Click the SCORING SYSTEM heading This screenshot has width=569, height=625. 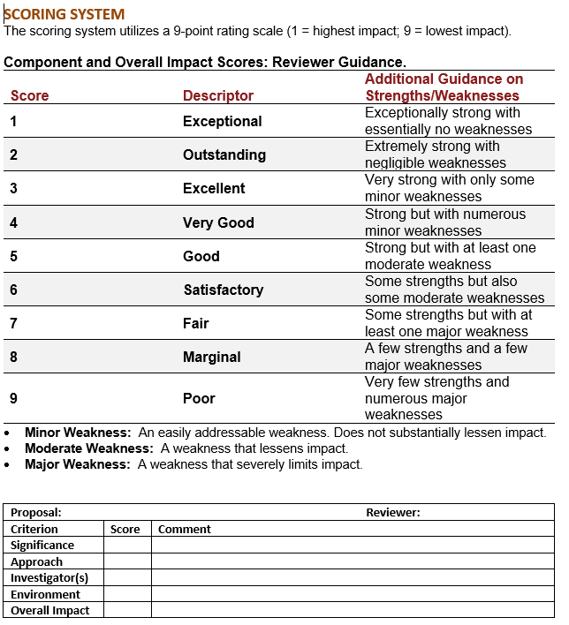point(64,14)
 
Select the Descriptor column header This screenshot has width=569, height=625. point(217,95)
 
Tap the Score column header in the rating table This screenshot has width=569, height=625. point(29,95)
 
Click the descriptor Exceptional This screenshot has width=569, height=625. point(222,121)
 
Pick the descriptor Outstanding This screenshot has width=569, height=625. point(224,154)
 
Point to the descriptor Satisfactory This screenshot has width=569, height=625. point(223,290)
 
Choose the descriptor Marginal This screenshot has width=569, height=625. point(211,357)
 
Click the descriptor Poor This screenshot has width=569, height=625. point(199,398)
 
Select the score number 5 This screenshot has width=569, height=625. point(14,256)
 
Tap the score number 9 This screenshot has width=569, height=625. point(14,398)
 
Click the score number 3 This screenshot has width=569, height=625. point(14,188)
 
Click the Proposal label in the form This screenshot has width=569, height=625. point(35,512)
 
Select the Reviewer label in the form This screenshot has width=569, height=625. point(393,512)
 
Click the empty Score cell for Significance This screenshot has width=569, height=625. point(127,546)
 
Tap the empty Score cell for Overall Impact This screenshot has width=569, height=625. point(127,610)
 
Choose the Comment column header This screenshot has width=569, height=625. point(184,529)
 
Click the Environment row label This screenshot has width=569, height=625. point(45,594)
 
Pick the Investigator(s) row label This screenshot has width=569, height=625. point(49,577)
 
